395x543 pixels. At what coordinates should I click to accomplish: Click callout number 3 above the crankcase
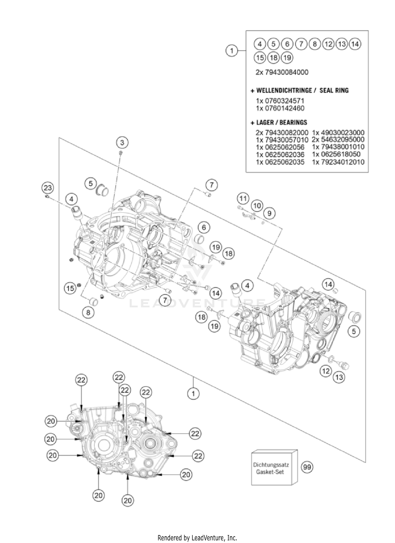click(x=122, y=143)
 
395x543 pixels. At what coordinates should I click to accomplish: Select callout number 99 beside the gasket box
click(x=307, y=467)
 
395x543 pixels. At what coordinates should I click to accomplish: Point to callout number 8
click(x=88, y=312)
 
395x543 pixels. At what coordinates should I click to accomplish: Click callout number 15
click(x=70, y=288)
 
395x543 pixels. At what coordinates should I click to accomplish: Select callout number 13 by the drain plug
click(x=339, y=377)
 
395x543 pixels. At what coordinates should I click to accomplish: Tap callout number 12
click(x=326, y=371)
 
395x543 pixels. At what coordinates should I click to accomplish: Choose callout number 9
click(x=269, y=213)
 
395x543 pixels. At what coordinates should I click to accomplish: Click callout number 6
click(x=204, y=227)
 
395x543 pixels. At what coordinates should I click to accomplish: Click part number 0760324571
click(x=280, y=101)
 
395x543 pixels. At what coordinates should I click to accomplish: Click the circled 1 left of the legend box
click(x=232, y=50)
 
